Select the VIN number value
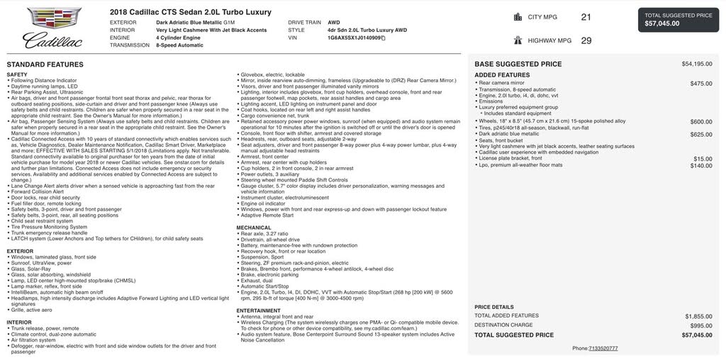(354, 38)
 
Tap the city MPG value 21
(586, 17)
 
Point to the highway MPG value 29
(586, 40)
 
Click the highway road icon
(518, 40)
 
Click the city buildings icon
(518, 17)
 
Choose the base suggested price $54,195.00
(697, 64)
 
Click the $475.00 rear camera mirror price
(701, 84)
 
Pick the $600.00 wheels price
(701, 121)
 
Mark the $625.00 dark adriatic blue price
(701, 134)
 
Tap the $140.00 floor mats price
(701, 165)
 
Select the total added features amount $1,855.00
(698, 315)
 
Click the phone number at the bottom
(603, 348)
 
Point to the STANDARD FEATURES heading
(45, 64)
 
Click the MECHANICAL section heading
(254, 227)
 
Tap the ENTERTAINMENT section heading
(259, 310)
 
